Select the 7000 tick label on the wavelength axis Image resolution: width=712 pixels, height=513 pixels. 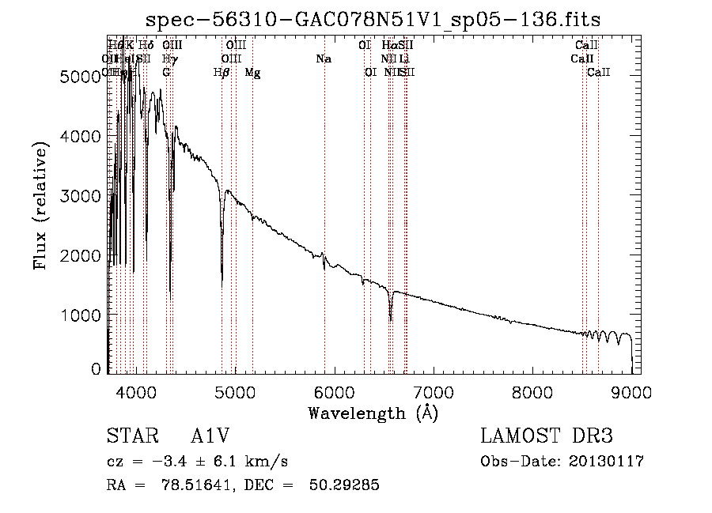pyautogui.click(x=433, y=391)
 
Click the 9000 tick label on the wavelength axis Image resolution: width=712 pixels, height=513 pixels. pyautogui.click(x=631, y=391)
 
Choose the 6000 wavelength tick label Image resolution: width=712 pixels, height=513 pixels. pyautogui.click(x=333, y=391)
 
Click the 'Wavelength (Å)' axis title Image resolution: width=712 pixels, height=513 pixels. pyautogui.click(x=373, y=413)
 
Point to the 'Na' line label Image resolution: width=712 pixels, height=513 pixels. pyautogui.click(x=323, y=59)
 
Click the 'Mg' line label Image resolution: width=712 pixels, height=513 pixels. pyautogui.click(x=252, y=73)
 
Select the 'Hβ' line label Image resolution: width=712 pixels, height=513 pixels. pyautogui.click(x=222, y=73)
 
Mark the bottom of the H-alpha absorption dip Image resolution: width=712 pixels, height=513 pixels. pyautogui.click(x=390, y=319)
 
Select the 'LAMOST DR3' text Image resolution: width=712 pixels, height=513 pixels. pyautogui.click(x=546, y=436)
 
